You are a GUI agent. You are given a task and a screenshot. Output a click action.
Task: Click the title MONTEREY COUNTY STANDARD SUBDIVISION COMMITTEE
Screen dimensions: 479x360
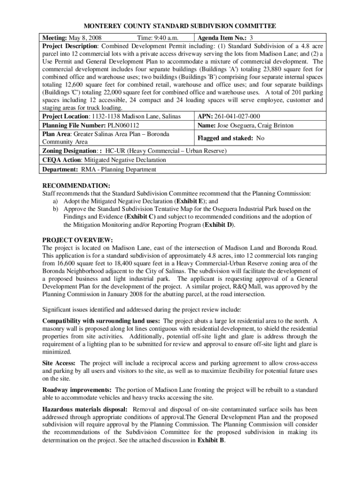point(180,26)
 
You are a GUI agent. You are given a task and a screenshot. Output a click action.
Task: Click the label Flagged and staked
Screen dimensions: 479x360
point(225,138)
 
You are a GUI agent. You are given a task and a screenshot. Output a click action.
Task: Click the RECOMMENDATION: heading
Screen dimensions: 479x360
point(70,185)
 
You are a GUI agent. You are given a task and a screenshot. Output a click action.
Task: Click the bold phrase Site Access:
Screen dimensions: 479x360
point(60,363)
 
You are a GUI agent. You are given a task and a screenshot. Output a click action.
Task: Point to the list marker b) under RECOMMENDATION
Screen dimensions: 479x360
point(55,209)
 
